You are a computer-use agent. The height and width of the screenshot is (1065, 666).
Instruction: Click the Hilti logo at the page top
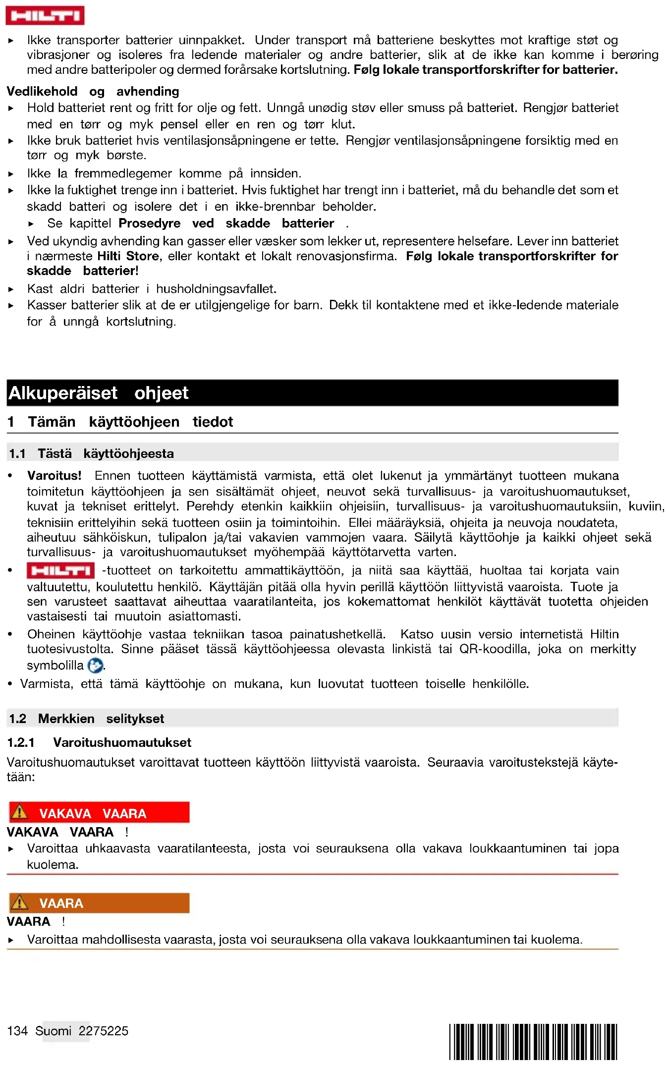tap(45, 15)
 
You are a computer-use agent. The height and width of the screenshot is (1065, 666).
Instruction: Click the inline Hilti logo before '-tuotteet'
tap(60, 571)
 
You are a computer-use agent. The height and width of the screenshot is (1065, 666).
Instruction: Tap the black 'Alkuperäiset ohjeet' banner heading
tap(312, 393)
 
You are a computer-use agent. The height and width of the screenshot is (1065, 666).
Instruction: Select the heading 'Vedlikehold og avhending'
tap(93, 91)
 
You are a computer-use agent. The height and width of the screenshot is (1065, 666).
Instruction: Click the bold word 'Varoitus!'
tap(54, 476)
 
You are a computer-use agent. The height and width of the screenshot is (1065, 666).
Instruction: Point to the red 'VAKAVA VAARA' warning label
tap(99, 813)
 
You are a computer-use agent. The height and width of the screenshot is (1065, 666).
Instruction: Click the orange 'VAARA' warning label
tap(99, 903)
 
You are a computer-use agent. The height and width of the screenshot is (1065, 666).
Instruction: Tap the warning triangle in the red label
tap(20, 813)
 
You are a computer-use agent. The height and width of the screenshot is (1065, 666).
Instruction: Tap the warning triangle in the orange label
tap(20, 902)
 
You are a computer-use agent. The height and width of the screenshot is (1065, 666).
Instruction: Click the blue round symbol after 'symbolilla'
tap(95, 666)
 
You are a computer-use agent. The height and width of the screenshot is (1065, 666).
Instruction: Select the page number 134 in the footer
tap(17, 1031)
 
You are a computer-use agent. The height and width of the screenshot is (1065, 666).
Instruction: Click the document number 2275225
tap(104, 1031)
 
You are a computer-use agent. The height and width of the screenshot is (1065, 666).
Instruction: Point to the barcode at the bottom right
tap(533, 1042)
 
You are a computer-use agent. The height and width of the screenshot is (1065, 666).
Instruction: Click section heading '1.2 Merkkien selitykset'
tap(86, 719)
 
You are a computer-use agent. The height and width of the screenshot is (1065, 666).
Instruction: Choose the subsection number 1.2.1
tap(21, 742)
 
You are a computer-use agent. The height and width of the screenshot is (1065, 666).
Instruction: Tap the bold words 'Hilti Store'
tap(128, 256)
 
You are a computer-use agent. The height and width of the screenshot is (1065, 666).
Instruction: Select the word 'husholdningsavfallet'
tap(216, 289)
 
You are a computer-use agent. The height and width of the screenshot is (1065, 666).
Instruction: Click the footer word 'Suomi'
tap(54, 1031)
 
